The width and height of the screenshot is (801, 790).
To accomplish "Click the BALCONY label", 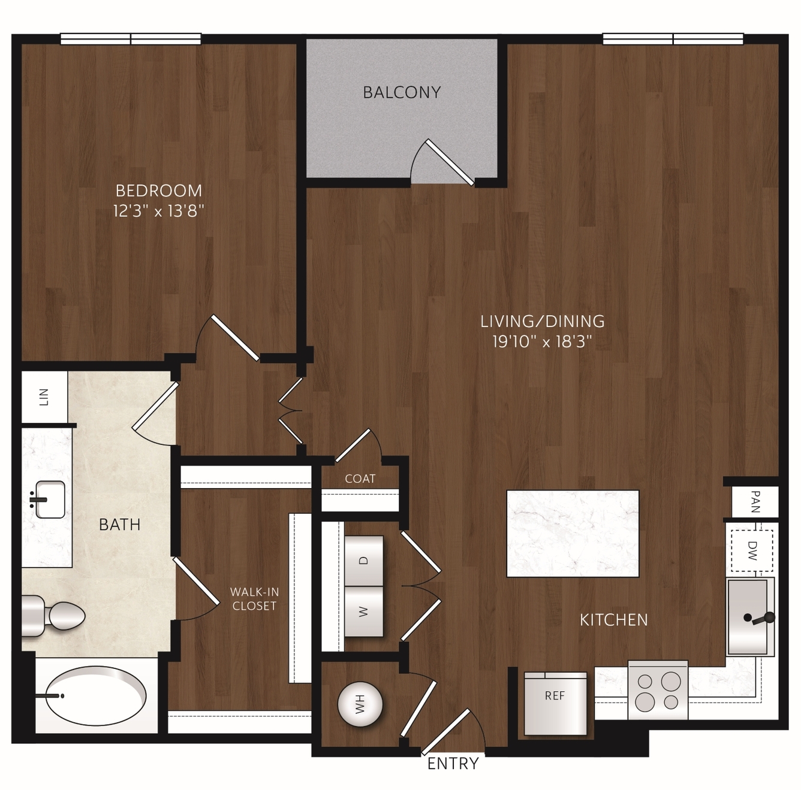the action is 402,92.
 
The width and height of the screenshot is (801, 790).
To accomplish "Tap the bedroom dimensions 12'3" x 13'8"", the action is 159,211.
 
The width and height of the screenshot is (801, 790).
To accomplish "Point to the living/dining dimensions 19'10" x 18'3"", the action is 542,342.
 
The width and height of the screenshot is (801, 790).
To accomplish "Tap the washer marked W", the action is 364,611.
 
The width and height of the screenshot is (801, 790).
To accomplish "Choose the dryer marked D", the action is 364,561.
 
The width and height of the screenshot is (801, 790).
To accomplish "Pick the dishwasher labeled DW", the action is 751,550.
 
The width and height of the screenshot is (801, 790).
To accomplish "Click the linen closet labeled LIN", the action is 44,396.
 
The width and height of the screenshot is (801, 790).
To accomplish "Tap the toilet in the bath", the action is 53,616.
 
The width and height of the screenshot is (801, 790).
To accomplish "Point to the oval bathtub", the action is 95,696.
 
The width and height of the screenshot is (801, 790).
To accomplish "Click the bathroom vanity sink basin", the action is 50,500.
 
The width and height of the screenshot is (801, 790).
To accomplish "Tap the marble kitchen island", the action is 573,533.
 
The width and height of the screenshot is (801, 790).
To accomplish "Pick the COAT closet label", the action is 360,479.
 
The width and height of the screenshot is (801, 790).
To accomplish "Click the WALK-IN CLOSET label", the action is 254,599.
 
